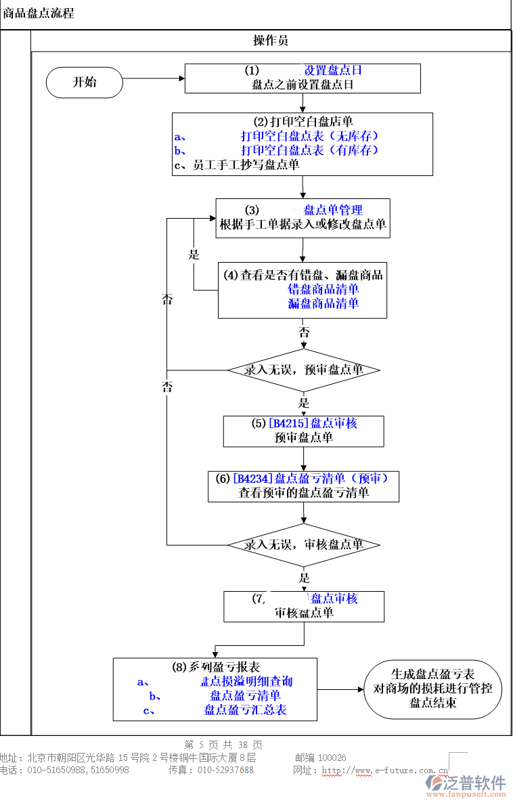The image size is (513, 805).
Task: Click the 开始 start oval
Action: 85,83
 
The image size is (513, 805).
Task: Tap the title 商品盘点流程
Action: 39,14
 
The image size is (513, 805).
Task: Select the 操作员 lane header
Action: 271,41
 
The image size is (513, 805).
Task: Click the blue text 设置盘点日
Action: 332,70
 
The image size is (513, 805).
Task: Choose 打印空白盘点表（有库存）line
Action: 309,150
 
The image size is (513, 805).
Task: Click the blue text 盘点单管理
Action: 332,211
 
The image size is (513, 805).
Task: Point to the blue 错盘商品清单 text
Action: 324,289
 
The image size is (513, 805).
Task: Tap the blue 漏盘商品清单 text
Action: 324,303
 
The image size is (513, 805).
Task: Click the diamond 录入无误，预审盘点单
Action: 303,370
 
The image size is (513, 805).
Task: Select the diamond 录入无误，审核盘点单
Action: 303,544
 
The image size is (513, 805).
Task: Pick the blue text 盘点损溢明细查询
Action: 247,681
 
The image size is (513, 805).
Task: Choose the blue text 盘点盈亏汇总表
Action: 245,710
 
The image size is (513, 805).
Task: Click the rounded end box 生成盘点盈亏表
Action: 433,689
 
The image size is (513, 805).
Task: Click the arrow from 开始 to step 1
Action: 154,78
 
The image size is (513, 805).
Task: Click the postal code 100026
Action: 332,758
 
